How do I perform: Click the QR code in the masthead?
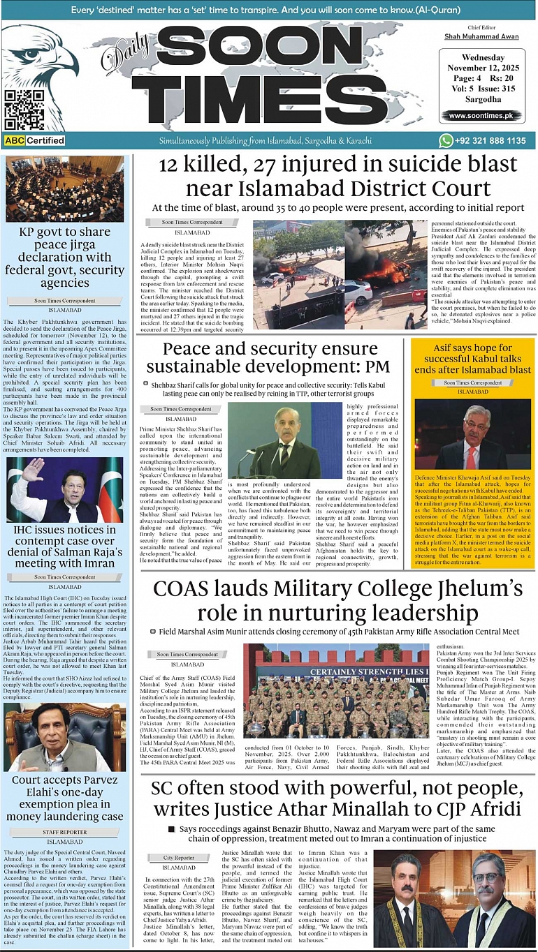click(x=24, y=110)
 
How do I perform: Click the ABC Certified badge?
click(x=34, y=140)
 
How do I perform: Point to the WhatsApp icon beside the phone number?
click(x=446, y=140)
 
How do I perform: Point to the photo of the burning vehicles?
click(x=328, y=274)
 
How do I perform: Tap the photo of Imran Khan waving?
click(x=65, y=491)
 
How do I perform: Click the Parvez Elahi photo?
click(x=65, y=737)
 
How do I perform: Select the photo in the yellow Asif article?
click(x=472, y=433)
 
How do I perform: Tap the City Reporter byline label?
click(x=179, y=857)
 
